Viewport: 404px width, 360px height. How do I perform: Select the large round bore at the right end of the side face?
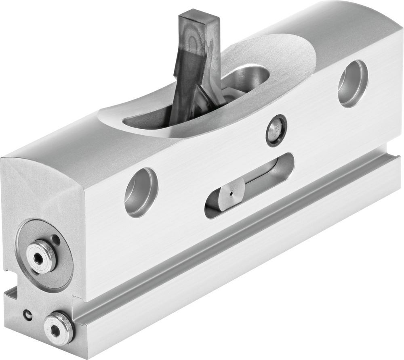coord(352,84)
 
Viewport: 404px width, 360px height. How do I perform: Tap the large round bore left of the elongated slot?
coord(141,192)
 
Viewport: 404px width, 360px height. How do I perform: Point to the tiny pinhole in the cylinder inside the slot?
coord(231,193)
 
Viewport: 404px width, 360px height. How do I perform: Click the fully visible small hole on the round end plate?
coord(55,240)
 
